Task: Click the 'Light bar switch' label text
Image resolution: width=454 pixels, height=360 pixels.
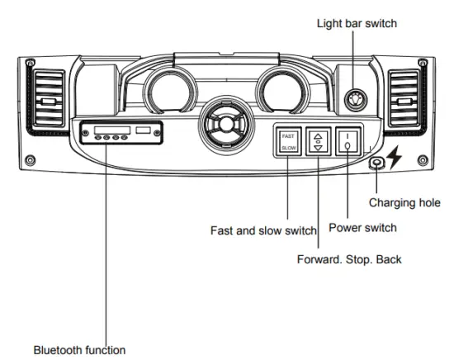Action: (x=357, y=24)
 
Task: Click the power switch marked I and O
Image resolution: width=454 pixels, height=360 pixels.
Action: (x=348, y=142)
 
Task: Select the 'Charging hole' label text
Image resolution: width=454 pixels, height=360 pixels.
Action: (x=404, y=201)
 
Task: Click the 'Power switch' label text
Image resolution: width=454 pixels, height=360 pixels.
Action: (x=363, y=227)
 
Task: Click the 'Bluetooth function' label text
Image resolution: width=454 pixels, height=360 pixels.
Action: (x=79, y=349)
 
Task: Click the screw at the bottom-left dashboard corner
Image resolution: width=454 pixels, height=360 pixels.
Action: (x=30, y=159)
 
